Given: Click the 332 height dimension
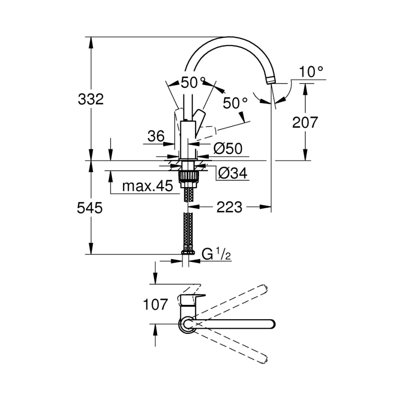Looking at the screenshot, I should pyautogui.click(x=91, y=99).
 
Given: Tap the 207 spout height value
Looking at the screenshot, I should pyautogui.click(x=305, y=122).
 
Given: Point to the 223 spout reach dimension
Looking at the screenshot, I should pyautogui.click(x=229, y=207).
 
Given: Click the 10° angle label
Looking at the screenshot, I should pyautogui.click(x=311, y=72).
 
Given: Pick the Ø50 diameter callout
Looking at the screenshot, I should pyautogui.click(x=228, y=148).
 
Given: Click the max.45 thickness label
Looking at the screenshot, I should pyautogui.click(x=148, y=186).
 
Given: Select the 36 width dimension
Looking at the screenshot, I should pyautogui.click(x=156, y=136).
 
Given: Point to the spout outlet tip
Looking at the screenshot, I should pyautogui.click(x=271, y=81).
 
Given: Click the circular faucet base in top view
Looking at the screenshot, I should pyautogui.click(x=187, y=325).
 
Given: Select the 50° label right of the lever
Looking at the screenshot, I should pyautogui.click(x=235, y=103).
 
